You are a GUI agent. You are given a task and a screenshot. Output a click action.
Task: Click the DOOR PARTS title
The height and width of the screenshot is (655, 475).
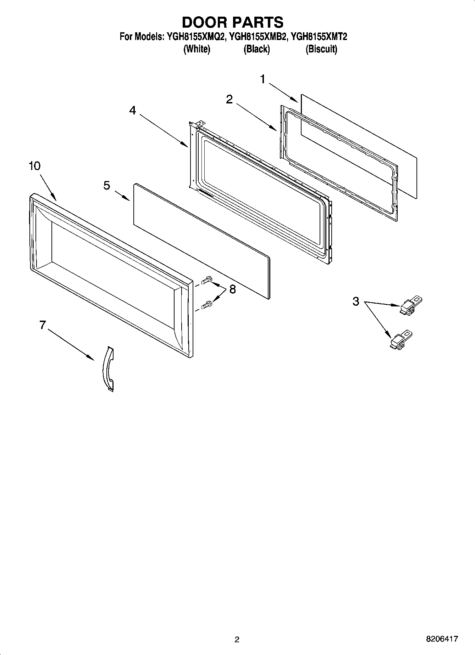point(233,22)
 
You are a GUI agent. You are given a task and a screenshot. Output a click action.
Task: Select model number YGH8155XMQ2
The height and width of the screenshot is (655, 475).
point(195,37)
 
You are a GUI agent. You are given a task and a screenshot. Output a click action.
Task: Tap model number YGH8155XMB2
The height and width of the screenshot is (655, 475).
point(258,37)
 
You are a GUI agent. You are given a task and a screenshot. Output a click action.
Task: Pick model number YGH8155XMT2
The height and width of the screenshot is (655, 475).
point(319,37)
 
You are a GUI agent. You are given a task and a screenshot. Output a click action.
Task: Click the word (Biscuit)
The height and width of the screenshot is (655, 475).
point(321,49)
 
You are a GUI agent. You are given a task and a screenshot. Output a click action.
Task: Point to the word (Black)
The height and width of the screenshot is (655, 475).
point(256,49)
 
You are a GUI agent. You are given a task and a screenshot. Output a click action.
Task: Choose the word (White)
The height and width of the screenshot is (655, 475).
point(197,49)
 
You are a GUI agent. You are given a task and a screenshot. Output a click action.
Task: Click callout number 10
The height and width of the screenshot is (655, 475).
point(34,166)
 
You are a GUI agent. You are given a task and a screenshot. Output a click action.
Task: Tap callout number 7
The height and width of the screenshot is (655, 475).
point(43,324)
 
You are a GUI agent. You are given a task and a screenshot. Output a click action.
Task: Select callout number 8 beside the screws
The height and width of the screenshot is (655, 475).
point(232,289)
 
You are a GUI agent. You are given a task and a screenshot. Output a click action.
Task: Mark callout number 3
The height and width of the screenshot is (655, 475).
point(356,301)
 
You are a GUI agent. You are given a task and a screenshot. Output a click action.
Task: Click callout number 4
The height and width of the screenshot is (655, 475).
point(132,111)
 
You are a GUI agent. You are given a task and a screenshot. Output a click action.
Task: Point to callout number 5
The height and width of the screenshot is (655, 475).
point(107,185)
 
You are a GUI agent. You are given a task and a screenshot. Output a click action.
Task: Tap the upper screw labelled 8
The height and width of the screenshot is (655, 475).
point(207,281)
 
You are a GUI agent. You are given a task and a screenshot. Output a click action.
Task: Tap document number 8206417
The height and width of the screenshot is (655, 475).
point(442,639)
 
